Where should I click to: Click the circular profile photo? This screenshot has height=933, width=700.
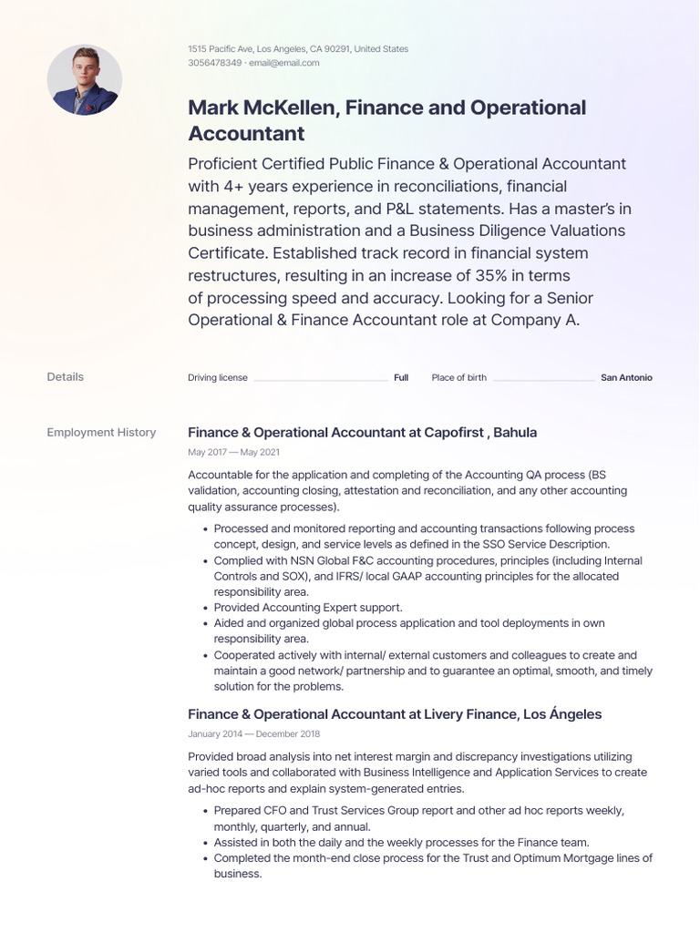point(84,80)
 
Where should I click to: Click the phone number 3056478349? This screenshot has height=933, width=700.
point(214,63)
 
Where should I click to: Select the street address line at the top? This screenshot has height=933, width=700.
point(297,48)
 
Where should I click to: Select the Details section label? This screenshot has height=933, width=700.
point(65,376)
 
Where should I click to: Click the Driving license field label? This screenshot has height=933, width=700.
point(217,377)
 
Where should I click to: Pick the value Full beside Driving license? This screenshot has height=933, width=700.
point(401,377)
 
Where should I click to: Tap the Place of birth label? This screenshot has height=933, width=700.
point(458,377)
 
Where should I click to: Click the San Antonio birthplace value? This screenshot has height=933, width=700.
point(626,377)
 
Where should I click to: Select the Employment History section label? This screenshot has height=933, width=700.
point(101,432)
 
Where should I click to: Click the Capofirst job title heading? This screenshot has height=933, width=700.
point(362,432)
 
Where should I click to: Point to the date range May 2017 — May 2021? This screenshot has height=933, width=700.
point(233,452)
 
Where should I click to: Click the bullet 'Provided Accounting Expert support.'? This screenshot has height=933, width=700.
point(308,607)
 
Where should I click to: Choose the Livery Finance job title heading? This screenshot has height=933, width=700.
point(394,713)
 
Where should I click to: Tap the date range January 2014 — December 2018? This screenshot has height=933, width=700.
point(253,733)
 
